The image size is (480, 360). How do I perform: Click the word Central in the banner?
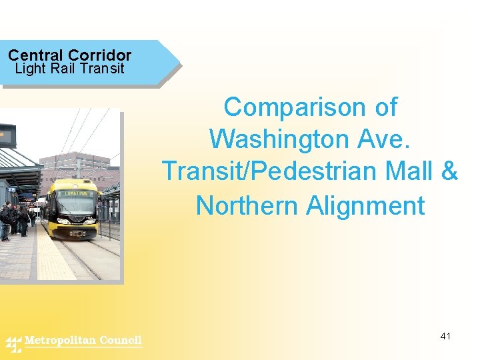pyautogui.click(x=35, y=55)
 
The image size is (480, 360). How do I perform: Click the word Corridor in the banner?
pyautogui.click(x=99, y=55)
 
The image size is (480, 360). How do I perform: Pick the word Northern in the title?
pyautogui.click(x=247, y=205)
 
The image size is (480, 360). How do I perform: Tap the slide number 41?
pyautogui.click(x=445, y=336)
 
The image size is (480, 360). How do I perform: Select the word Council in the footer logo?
pyautogui.click(x=121, y=341)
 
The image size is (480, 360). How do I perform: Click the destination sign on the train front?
pyautogui.click(x=75, y=192)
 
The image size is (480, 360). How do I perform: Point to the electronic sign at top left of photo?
pyautogui.click(x=7, y=135)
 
